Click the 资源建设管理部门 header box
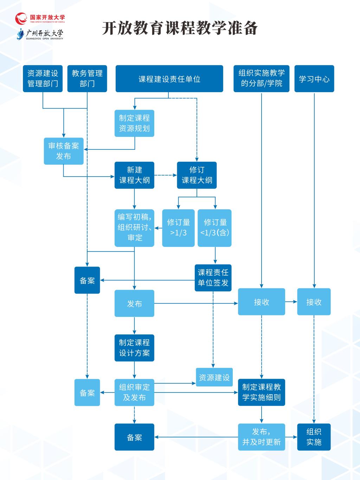coord(43,78)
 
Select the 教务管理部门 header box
coord(87,78)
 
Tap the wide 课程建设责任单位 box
coord(169,78)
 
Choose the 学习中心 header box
coord(314,78)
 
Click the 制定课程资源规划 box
coord(134,123)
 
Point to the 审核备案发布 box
coord(64,151)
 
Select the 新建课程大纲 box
coord(134,175)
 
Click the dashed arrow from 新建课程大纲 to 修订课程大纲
coord(166,175)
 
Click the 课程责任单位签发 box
coord(213,278)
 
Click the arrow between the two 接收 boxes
coord(291,302)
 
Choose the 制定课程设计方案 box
coord(134,348)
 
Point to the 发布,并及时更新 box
coord(262,437)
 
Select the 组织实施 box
coord(314,437)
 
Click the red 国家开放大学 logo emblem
coord(21,18)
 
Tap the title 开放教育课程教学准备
coord(180,28)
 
